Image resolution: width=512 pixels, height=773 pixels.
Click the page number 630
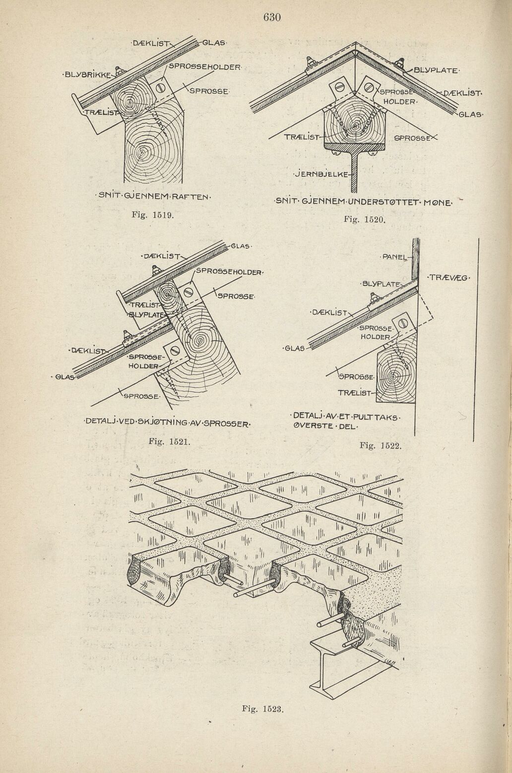272,18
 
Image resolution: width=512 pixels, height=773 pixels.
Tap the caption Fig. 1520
366,219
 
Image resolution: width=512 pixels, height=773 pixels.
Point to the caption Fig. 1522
380,445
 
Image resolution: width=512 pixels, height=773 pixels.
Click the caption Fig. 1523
262,708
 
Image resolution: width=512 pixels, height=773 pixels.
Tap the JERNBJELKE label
322,174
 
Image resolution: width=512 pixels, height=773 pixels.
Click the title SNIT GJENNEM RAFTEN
155,197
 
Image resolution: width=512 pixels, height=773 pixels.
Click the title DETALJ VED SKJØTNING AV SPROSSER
168,423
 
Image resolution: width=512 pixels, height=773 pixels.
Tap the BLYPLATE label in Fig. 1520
436,70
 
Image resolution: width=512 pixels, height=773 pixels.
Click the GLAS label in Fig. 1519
214,42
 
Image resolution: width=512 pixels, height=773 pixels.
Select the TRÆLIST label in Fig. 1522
354,393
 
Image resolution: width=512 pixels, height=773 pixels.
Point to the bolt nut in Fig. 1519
119,70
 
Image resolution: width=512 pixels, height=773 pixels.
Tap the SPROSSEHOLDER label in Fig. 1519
204,66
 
